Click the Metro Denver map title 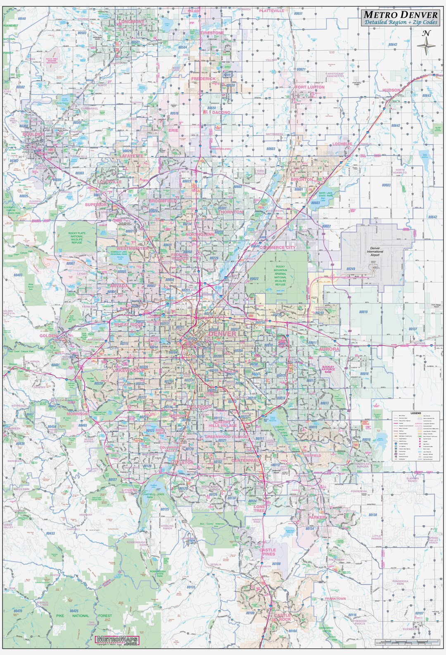[397, 15]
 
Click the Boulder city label [33, 135]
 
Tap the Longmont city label [131, 21]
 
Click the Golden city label [48, 336]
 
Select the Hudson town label [391, 90]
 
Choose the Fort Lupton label [310, 87]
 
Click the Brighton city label [301, 180]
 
